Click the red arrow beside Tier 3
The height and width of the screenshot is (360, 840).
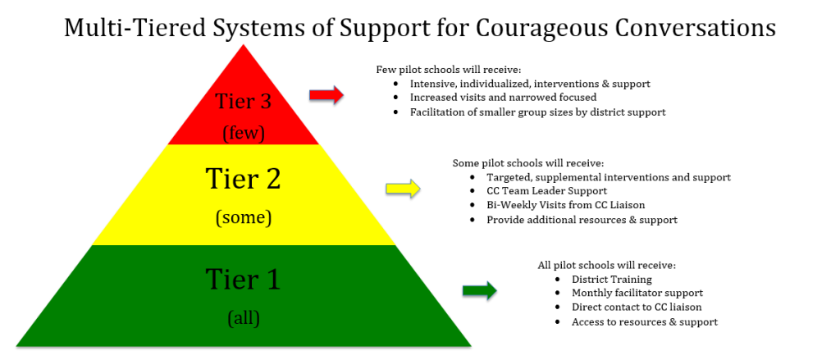tap(326, 96)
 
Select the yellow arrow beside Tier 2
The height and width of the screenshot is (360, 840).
tap(403, 189)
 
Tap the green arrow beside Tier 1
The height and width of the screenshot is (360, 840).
tap(480, 290)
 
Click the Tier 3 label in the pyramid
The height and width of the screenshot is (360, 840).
tap(243, 102)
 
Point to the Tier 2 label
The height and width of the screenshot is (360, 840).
tap(243, 178)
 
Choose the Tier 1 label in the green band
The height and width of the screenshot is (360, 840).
tap(243, 280)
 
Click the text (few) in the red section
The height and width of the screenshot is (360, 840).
tap(243, 130)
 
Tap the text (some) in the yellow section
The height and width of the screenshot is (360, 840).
tap(243, 218)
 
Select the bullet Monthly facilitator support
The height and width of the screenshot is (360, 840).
tap(637, 294)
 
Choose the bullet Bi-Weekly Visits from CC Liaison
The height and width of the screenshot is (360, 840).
tap(565, 205)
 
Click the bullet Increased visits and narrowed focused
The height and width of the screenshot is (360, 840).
tap(503, 98)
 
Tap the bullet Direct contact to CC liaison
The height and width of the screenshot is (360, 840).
tap(637, 308)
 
